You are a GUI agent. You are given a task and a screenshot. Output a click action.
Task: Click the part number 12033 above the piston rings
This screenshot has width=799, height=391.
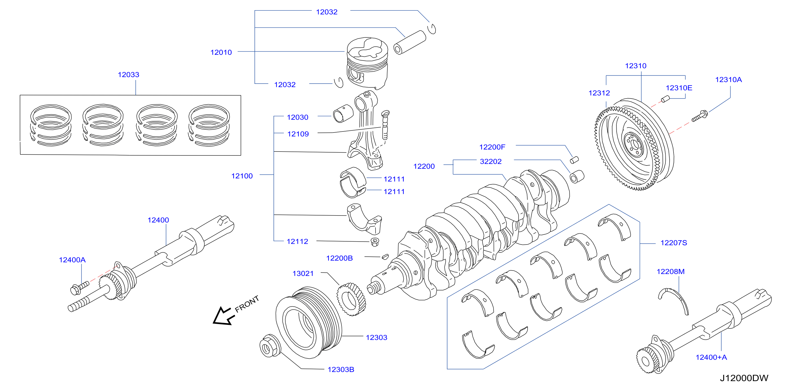click(x=128, y=75)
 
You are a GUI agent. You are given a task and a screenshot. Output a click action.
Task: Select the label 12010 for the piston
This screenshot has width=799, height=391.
click(x=221, y=52)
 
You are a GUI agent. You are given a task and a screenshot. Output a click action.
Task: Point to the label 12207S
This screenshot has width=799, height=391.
click(x=674, y=243)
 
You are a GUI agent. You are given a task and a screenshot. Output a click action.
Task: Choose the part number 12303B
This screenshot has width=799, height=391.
click(x=341, y=370)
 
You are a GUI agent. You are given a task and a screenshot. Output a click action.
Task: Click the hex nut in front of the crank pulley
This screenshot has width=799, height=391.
click(x=269, y=346)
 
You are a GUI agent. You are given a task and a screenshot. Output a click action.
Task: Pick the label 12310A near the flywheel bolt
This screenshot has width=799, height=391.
click(x=728, y=80)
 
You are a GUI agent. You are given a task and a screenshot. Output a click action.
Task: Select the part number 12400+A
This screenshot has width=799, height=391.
click(x=711, y=358)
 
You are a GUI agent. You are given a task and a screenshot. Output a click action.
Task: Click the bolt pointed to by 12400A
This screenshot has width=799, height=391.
click(x=79, y=288)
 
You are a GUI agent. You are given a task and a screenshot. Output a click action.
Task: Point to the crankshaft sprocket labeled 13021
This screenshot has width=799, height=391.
click(x=352, y=299)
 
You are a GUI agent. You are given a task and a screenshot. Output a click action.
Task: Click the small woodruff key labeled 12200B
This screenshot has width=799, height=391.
click(x=385, y=256)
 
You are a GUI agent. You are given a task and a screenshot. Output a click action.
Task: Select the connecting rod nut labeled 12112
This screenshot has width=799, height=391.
click(x=375, y=242)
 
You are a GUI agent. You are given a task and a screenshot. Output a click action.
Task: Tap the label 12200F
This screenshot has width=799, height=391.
click(x=492, y=147)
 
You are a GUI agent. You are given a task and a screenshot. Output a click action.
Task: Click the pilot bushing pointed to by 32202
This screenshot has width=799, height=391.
click(x=577, y=177)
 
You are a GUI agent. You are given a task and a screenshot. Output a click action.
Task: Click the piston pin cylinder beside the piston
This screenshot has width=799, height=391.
click(x=410, y=42)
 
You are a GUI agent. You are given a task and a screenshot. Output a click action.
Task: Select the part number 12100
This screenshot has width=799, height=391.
click(x=242, y=176)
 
